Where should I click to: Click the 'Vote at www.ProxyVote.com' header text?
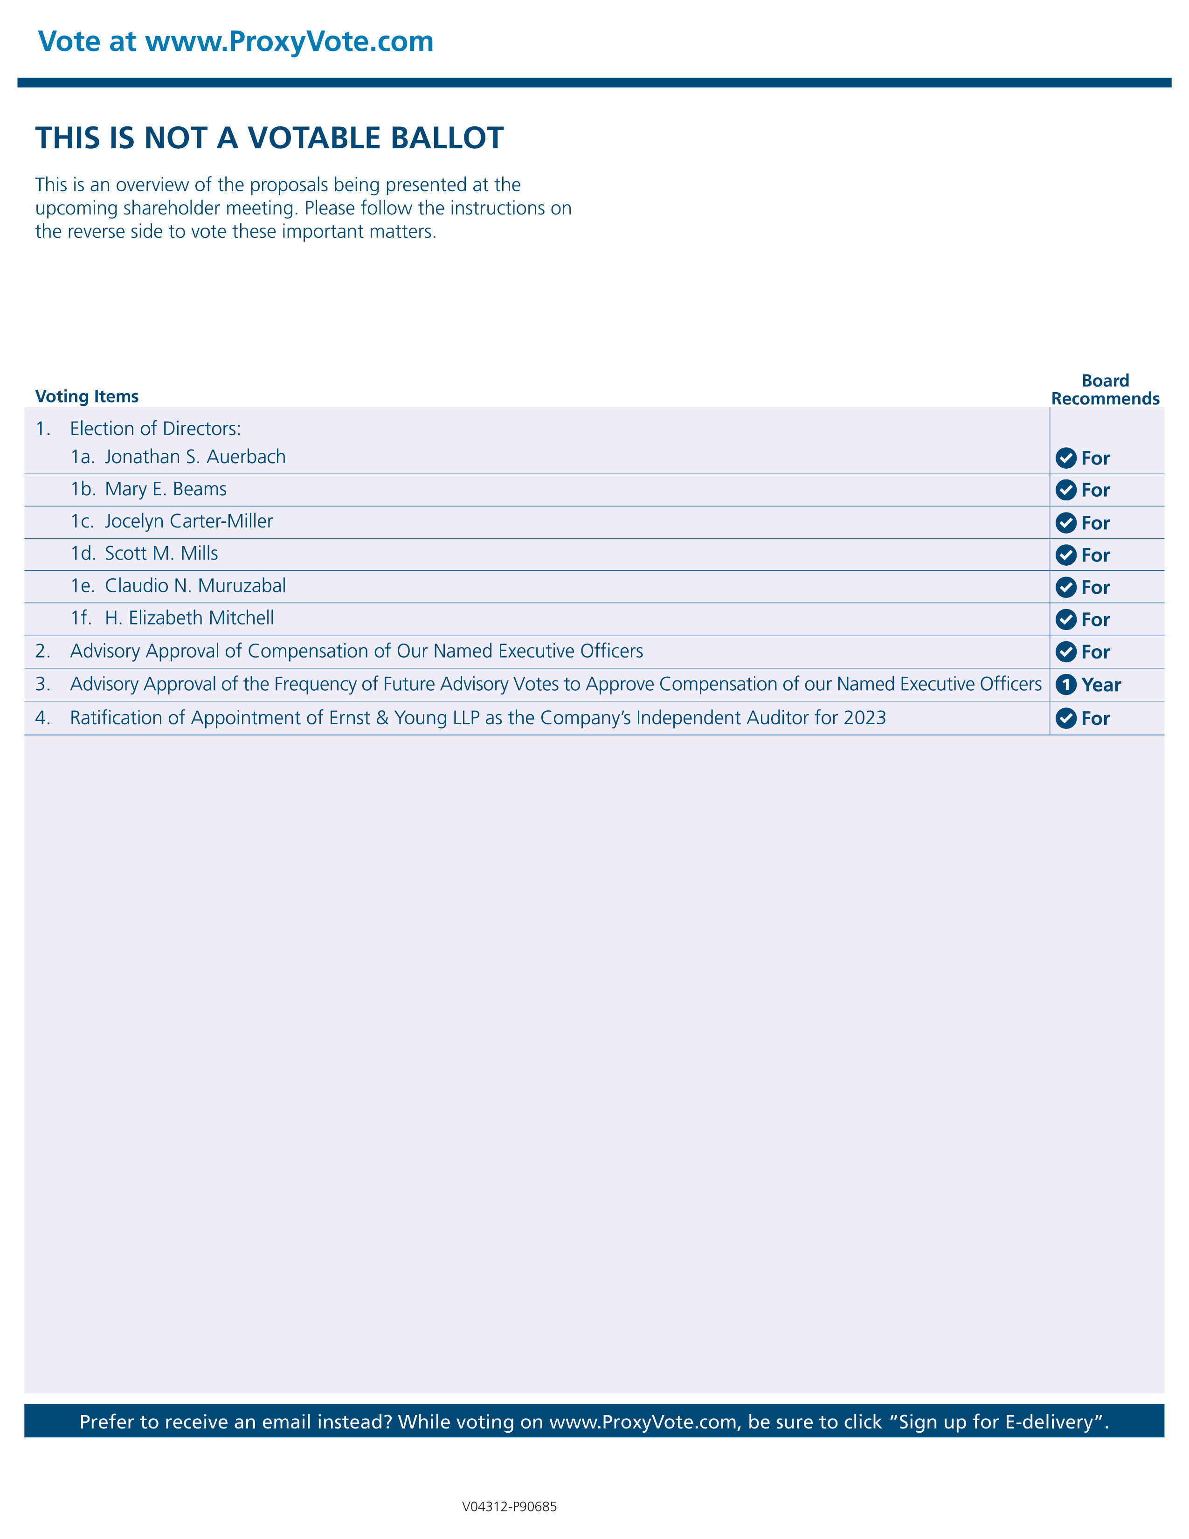click(x=235, y=42)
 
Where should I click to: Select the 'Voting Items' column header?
click(x=87, y=397)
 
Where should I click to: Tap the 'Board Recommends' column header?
click(x=1105, y=390)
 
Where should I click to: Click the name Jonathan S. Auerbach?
click(x=195, y=458)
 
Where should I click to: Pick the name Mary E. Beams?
click(x=166, y=489)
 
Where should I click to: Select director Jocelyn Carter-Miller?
click(x=189, y=521)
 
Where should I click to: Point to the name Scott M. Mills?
click(x=161, y=554)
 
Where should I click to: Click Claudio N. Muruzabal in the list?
click(x=195, y=586)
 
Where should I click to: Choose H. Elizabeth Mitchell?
click(x=189, y=618)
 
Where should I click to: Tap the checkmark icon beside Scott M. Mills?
click(x=1066, y=555)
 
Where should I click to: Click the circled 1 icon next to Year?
click(x=1066, y=684)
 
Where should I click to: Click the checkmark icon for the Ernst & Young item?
click(x=1066, y=719)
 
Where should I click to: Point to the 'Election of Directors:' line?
click(x=155, y=429)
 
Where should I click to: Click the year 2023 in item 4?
click(x=864, y=718)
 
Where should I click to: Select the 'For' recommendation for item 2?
click(x=1095, y=652)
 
